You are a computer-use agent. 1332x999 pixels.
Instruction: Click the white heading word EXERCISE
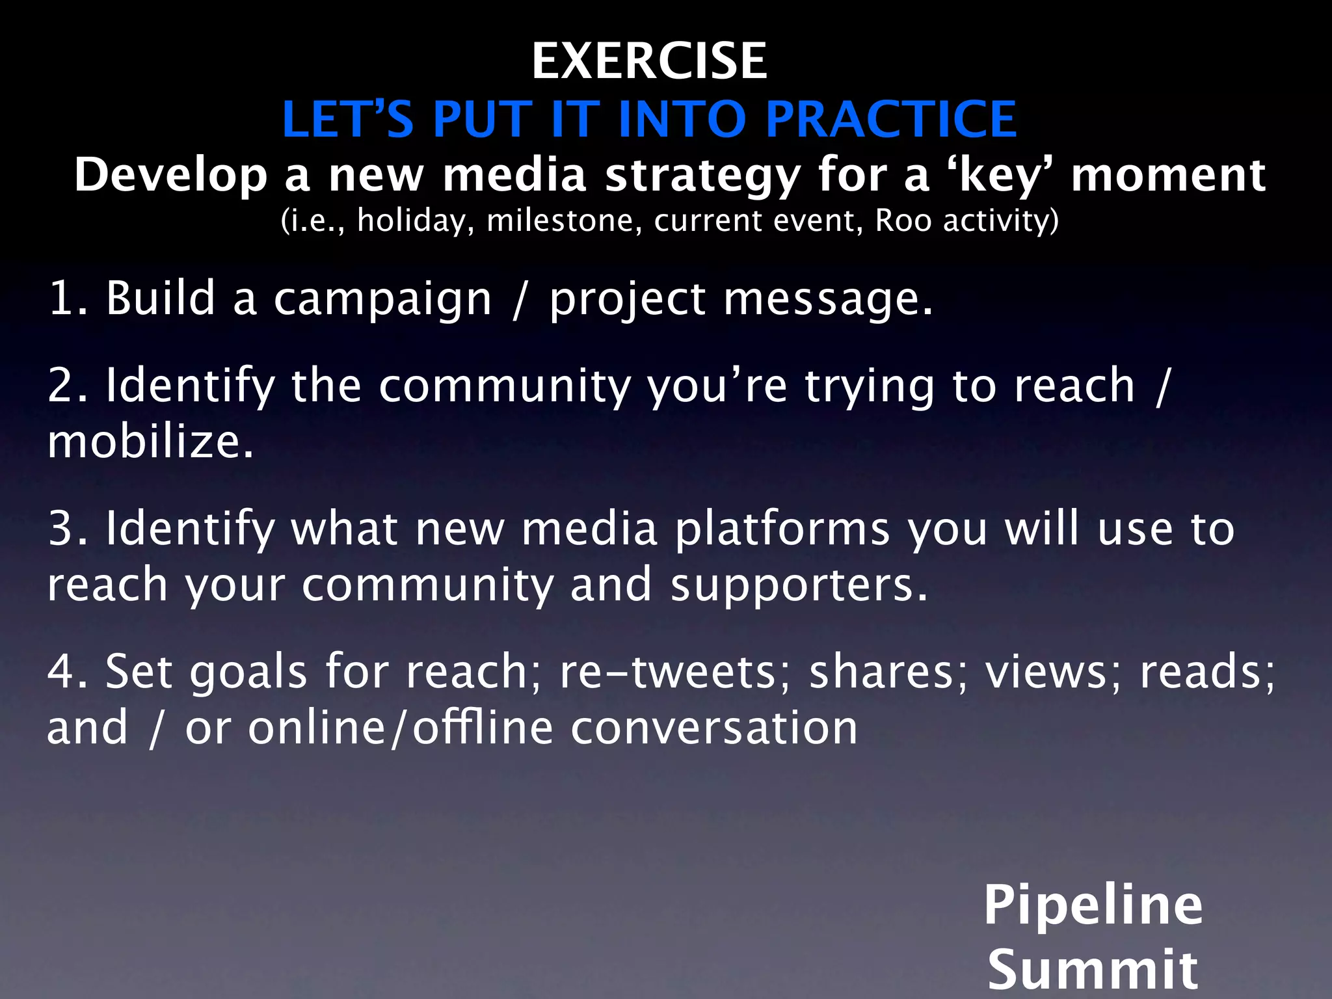[649, 61]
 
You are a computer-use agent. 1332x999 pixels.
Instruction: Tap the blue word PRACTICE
[891, 120]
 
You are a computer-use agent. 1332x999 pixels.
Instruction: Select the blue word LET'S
[348, 120]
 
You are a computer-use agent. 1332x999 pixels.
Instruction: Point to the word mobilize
[150, 442]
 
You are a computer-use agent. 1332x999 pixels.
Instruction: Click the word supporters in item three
[799, 585]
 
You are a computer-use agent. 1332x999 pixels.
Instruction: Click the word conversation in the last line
[714, 728]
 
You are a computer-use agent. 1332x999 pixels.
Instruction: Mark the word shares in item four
[888, 672]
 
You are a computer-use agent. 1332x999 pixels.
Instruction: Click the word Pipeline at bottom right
[1093, 906]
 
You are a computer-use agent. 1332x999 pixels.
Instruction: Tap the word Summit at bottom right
[1093, 969]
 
